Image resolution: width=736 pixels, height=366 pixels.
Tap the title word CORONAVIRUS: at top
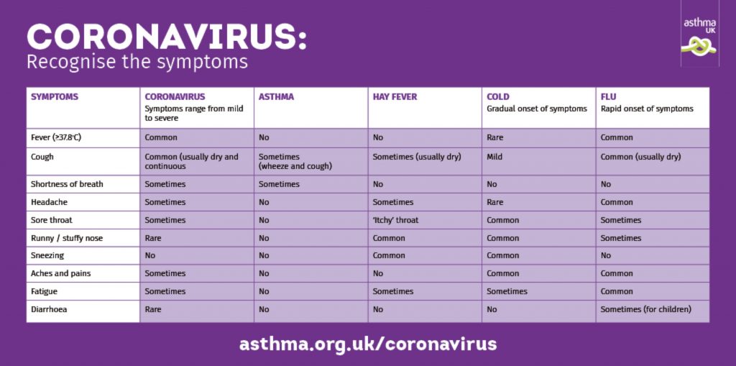pos(167,37)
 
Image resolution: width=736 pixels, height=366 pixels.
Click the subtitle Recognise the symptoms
pos(137,62)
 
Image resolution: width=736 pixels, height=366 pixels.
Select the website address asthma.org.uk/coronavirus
pos(368,344)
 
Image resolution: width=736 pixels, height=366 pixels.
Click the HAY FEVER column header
pos(395,97)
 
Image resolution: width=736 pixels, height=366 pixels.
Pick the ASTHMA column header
pos(276,97)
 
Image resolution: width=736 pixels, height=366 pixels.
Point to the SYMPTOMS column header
pos(55,97)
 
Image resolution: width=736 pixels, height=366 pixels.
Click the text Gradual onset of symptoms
pos(536,109)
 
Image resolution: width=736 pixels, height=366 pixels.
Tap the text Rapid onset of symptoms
pos(647,109)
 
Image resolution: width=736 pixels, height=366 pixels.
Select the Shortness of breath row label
pos(67,184)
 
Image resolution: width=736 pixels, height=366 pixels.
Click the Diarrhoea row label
pos(49,309)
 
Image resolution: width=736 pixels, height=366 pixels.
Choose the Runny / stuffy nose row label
pos(67,238)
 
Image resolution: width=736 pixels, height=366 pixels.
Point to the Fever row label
pos(52,137)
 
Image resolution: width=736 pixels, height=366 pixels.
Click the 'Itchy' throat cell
pos(395,220)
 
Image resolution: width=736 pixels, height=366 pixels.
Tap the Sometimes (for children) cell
pos(646,309)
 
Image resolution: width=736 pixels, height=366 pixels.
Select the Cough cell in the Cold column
pos(494,157)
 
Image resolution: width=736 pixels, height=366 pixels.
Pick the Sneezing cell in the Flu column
pos(606,255)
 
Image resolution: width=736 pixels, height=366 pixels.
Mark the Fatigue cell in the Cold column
pos(507,291)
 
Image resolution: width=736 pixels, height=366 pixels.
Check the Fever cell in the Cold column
pos(494,137)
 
